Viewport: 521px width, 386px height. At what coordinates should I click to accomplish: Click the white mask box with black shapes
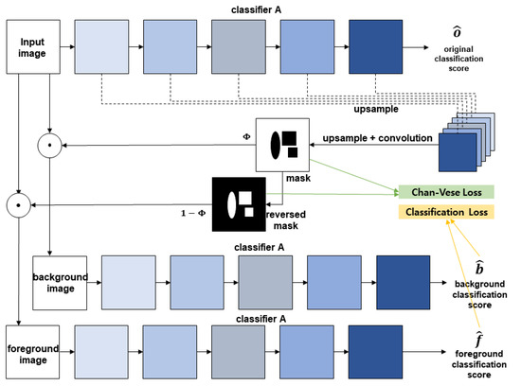click(284, 145)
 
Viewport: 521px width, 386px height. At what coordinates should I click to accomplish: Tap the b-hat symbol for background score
click(474, 268)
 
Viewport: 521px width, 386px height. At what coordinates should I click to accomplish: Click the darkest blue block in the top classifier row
click(376, 44)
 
